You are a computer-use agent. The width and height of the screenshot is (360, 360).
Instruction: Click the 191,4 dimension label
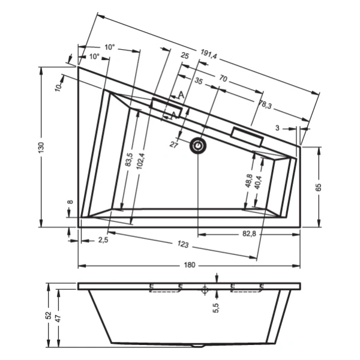click(x=209, y=54)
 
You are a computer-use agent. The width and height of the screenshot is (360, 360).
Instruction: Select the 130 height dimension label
click(x=41, y=148)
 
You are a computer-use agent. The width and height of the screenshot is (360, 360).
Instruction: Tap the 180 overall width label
click(x=190, y=265)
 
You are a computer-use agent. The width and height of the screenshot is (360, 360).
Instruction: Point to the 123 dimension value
click(x=183, y=244)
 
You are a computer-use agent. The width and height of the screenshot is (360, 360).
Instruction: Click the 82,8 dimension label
click(x=249, y=234)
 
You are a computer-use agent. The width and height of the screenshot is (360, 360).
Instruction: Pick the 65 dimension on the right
click(x=318, y=187)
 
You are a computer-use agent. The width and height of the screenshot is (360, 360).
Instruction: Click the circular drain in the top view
click(x=198, y=146)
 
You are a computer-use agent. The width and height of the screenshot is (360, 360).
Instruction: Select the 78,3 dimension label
click(x=265, y=105)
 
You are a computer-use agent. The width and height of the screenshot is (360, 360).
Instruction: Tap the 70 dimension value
click(x=223, y=79)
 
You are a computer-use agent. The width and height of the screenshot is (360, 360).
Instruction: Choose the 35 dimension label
click(x=199, y=81)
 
